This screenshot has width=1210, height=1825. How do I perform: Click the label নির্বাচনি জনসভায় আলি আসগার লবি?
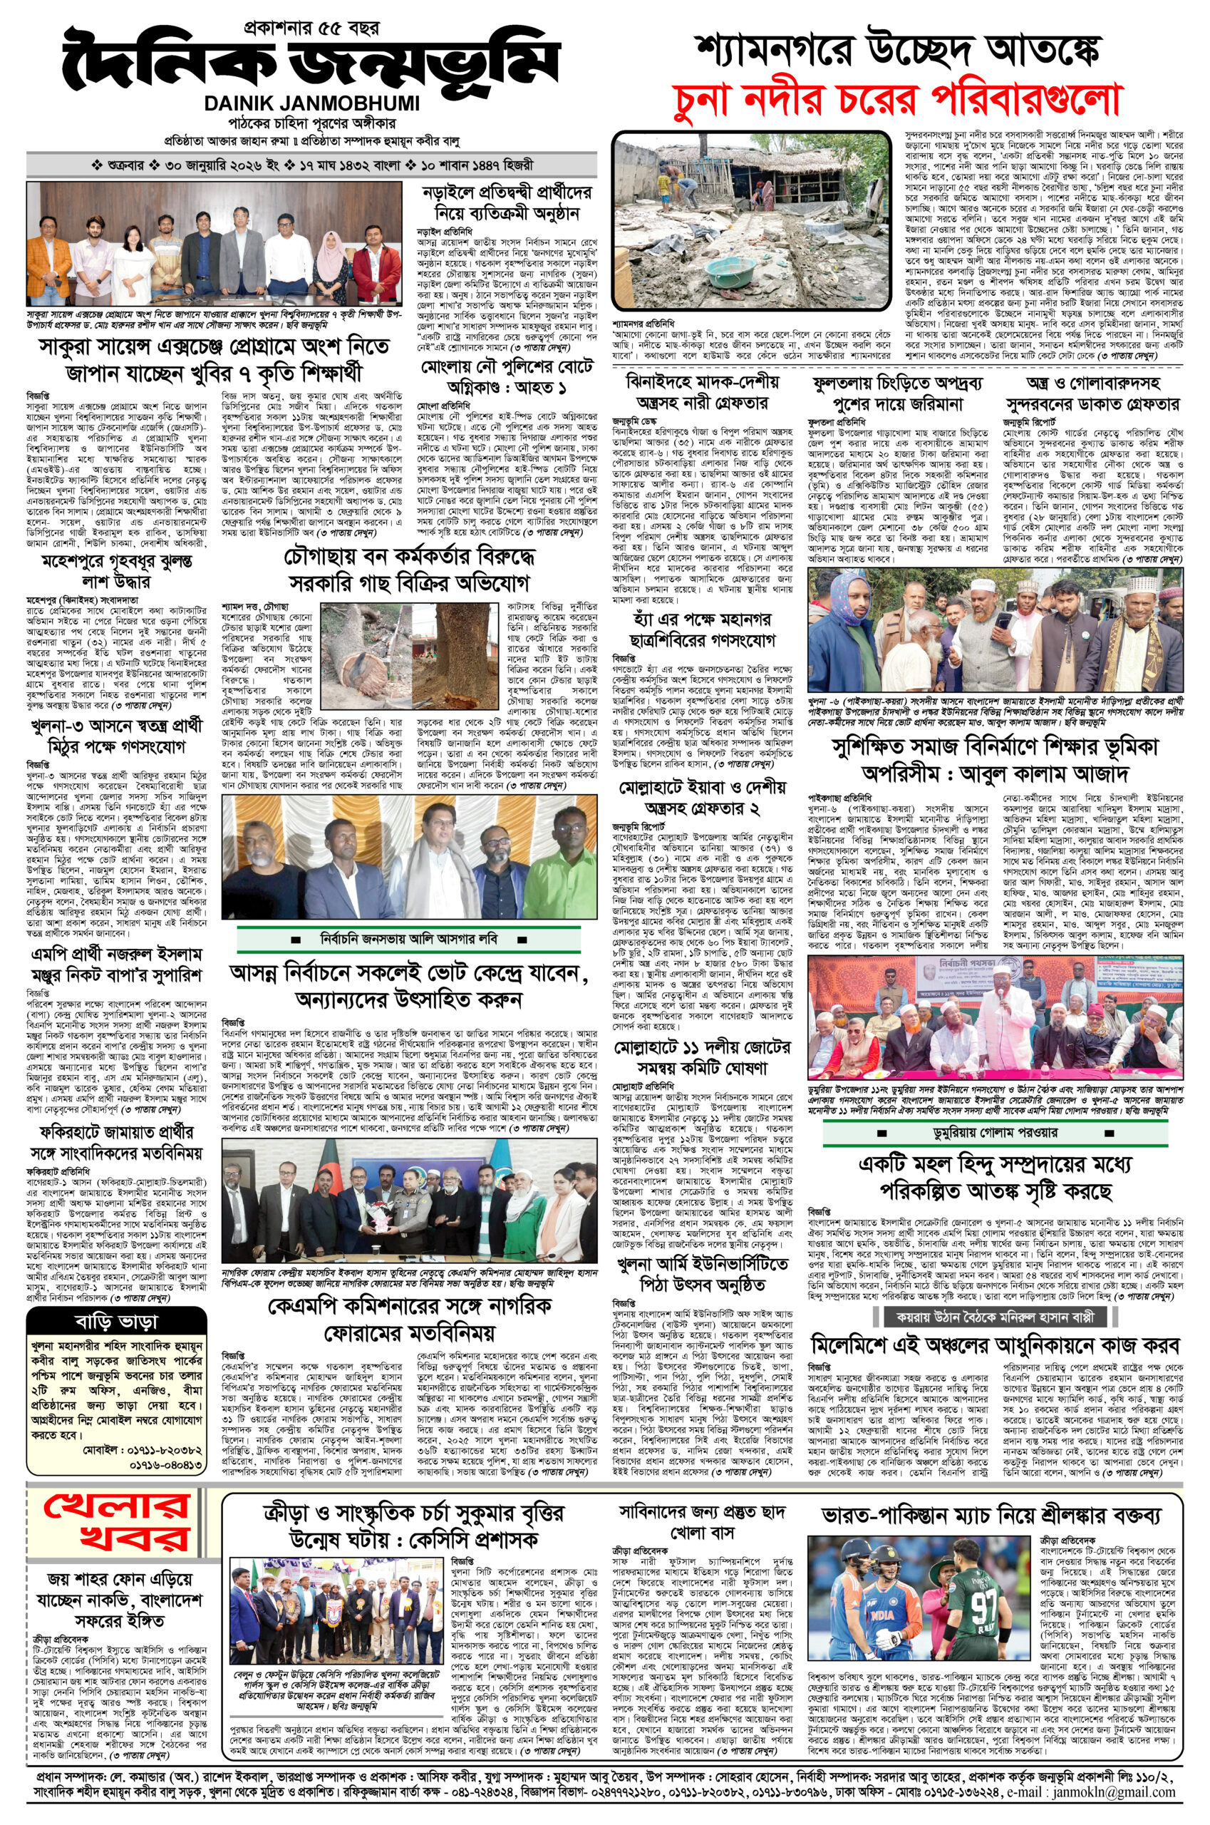pos(409,940)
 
